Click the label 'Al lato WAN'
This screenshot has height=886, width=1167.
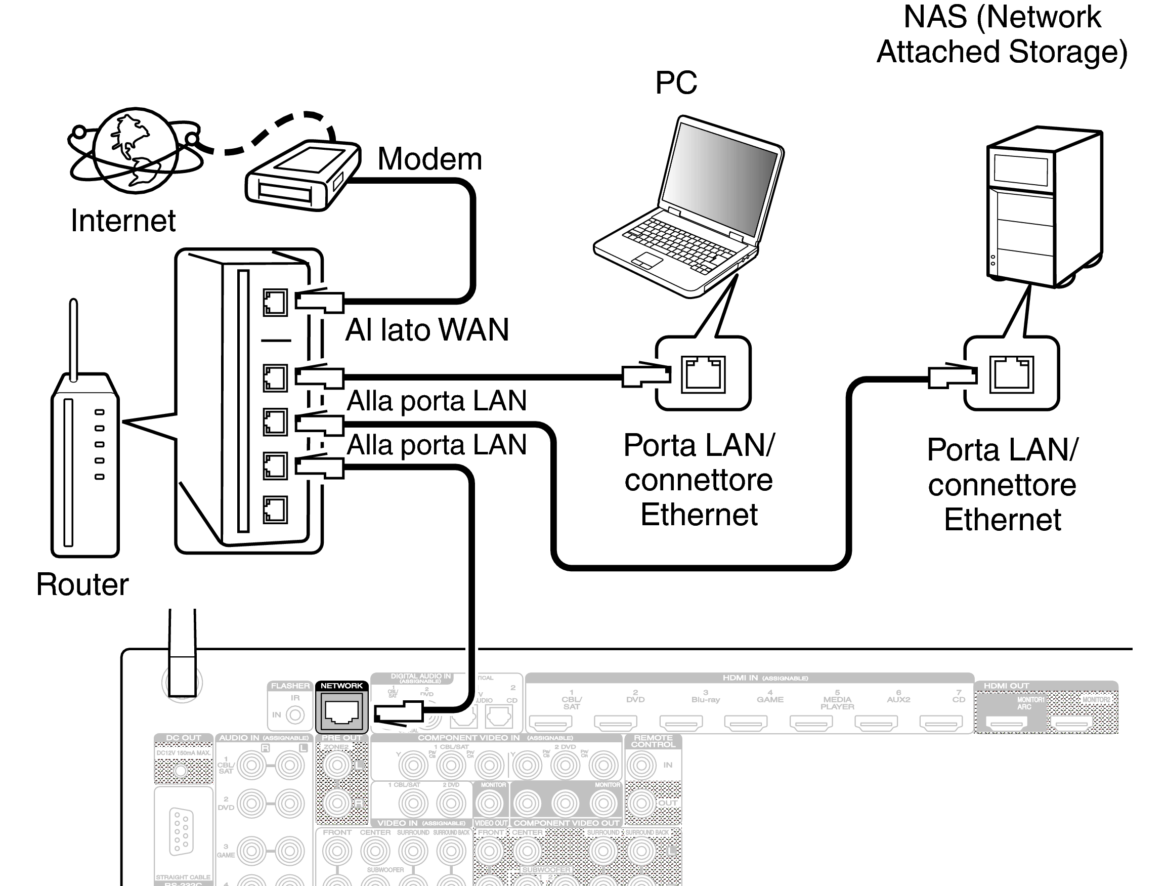tap(426, 330)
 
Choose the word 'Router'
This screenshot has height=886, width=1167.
tap(82, 585)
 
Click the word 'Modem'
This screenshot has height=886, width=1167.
tap(429, 159)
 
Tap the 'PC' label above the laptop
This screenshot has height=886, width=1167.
tap(676, 83)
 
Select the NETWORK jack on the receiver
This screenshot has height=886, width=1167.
tap(342, 711)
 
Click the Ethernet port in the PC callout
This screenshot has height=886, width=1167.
tap(703, 374)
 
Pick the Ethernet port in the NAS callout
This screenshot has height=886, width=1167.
tap(1011, 374)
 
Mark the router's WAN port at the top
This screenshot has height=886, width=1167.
tap(275, 303)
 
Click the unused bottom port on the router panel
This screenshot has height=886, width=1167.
tap(275, 509)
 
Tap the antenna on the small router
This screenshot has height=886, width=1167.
tap(73, 337)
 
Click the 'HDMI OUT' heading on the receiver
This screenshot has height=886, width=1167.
tap(1006, 686)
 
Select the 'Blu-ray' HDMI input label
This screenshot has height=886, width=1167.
tap(705, 700)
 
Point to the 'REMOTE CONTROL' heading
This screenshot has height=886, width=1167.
tap(653, 741)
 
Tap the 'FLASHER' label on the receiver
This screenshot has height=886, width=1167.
tap(290, 686)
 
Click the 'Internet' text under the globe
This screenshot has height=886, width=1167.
tap(123, 221)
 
